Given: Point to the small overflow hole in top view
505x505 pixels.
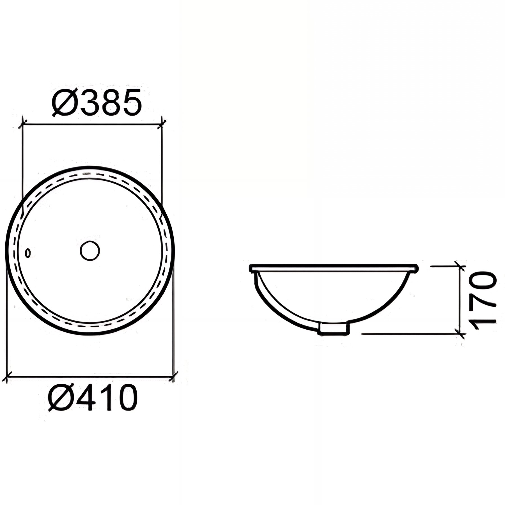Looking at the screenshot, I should pos(27,253).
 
